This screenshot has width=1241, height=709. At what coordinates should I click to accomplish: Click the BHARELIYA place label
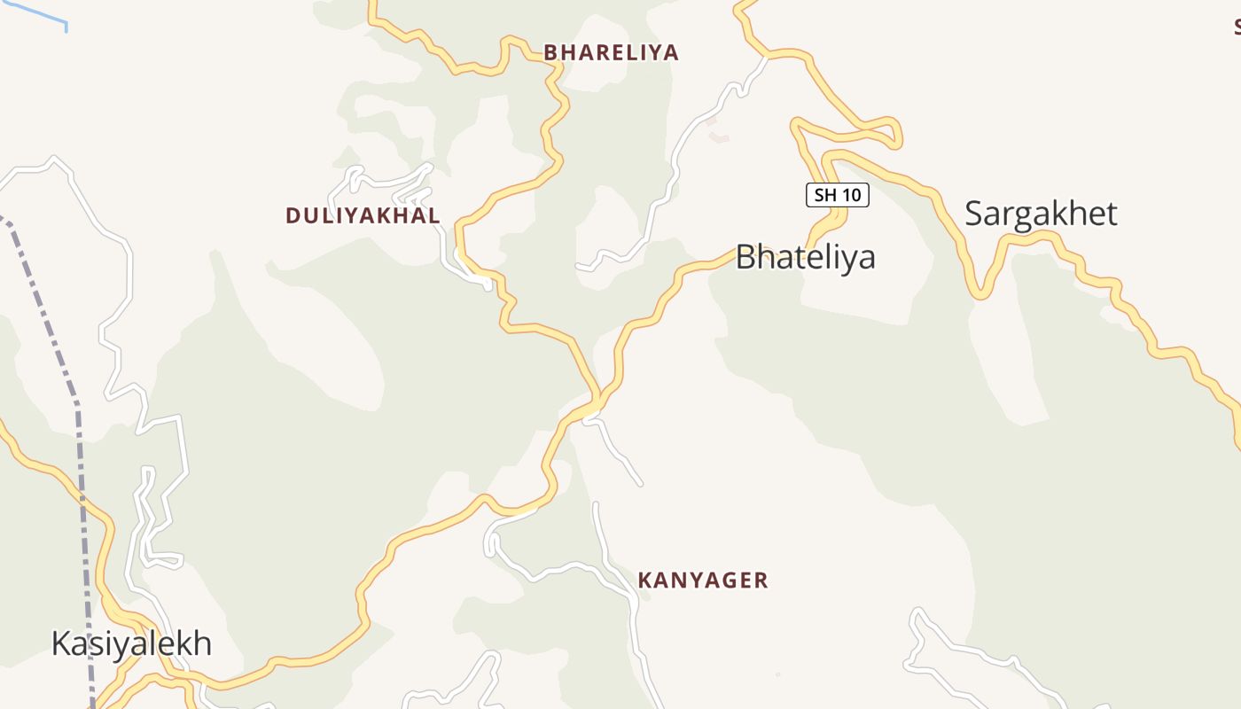coord(611,52)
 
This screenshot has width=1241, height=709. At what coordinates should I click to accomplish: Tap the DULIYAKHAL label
coord(363,215)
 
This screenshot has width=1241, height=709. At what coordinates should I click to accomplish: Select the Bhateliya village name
coord(805,257)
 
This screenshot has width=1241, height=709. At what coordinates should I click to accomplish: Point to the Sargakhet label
coord(1041,214)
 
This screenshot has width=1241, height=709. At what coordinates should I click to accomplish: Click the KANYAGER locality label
coord(703,580)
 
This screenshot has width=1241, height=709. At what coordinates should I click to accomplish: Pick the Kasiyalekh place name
coord(131,643)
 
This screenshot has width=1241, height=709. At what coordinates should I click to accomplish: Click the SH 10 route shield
coord(837,195)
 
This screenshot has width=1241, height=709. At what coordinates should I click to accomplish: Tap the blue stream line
coord(35,12)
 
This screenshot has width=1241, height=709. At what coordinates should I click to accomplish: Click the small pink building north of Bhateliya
coord(719,137)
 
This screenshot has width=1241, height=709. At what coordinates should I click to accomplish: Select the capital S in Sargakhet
coord(974,214)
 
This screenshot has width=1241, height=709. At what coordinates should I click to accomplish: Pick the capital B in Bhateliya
coord(746,257)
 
